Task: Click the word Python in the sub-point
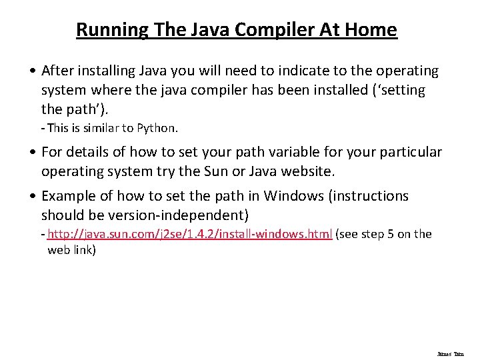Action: tap(159, 127)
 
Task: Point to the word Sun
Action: tap(223, 171)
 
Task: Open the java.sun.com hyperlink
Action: tap(190, 234)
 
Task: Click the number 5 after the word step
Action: tap(389, 234)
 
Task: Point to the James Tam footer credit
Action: tap(450, 354)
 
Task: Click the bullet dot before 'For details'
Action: tap(33, 153)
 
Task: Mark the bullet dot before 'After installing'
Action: tap(33, 71)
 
